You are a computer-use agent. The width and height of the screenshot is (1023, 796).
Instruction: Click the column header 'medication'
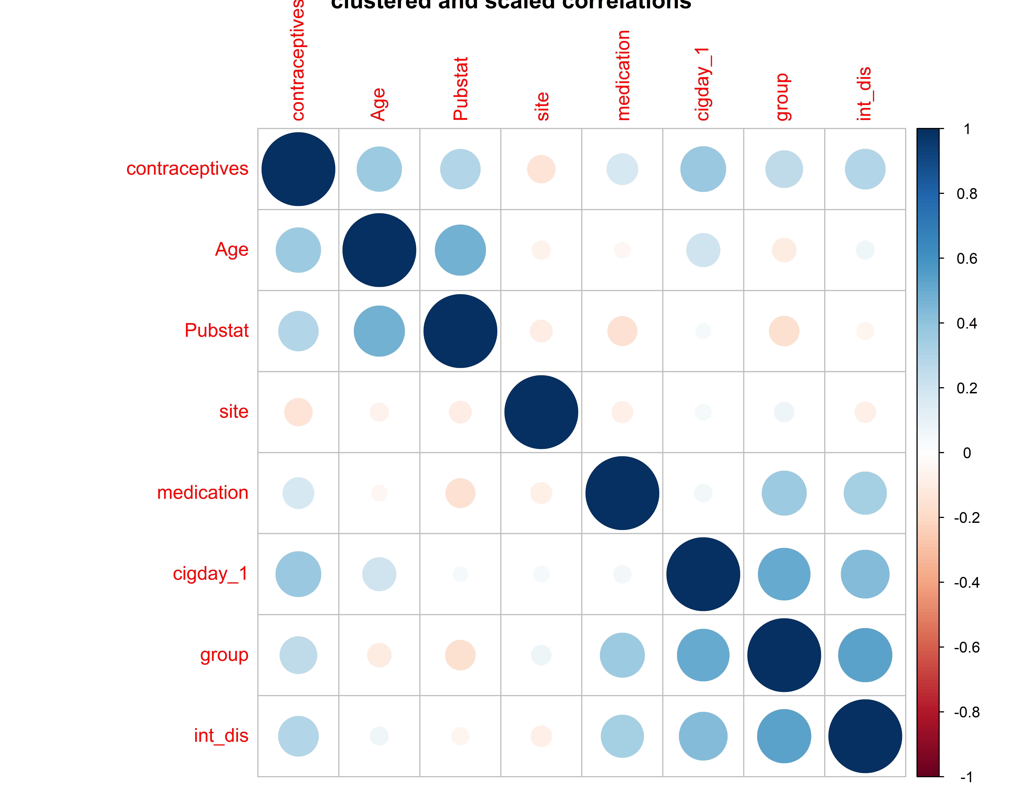tap(623, 75)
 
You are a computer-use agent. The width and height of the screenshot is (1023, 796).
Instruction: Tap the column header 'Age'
tap(378, 104)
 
